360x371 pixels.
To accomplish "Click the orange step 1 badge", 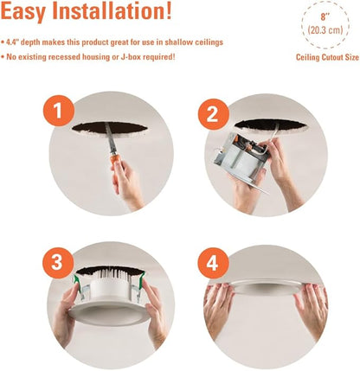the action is click(59, 111).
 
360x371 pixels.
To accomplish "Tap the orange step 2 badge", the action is click(213, 114).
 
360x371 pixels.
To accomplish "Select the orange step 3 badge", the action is click(58, 263).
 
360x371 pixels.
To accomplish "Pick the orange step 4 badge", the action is click(213, 263).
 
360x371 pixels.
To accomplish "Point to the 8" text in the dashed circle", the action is click(325, 17).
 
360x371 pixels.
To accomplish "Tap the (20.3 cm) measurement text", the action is click(325, 30).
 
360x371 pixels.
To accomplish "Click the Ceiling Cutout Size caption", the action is click(327, 57).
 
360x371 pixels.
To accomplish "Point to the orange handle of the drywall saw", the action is click(115, 160).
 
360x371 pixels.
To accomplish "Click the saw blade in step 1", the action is click(110, 138).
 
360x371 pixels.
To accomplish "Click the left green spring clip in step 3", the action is click(77, 284).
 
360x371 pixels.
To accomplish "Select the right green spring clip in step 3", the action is click(142, 280).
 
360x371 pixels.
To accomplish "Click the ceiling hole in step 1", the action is click(110, 128).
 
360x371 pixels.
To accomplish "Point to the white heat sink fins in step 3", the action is click(112, 274).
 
